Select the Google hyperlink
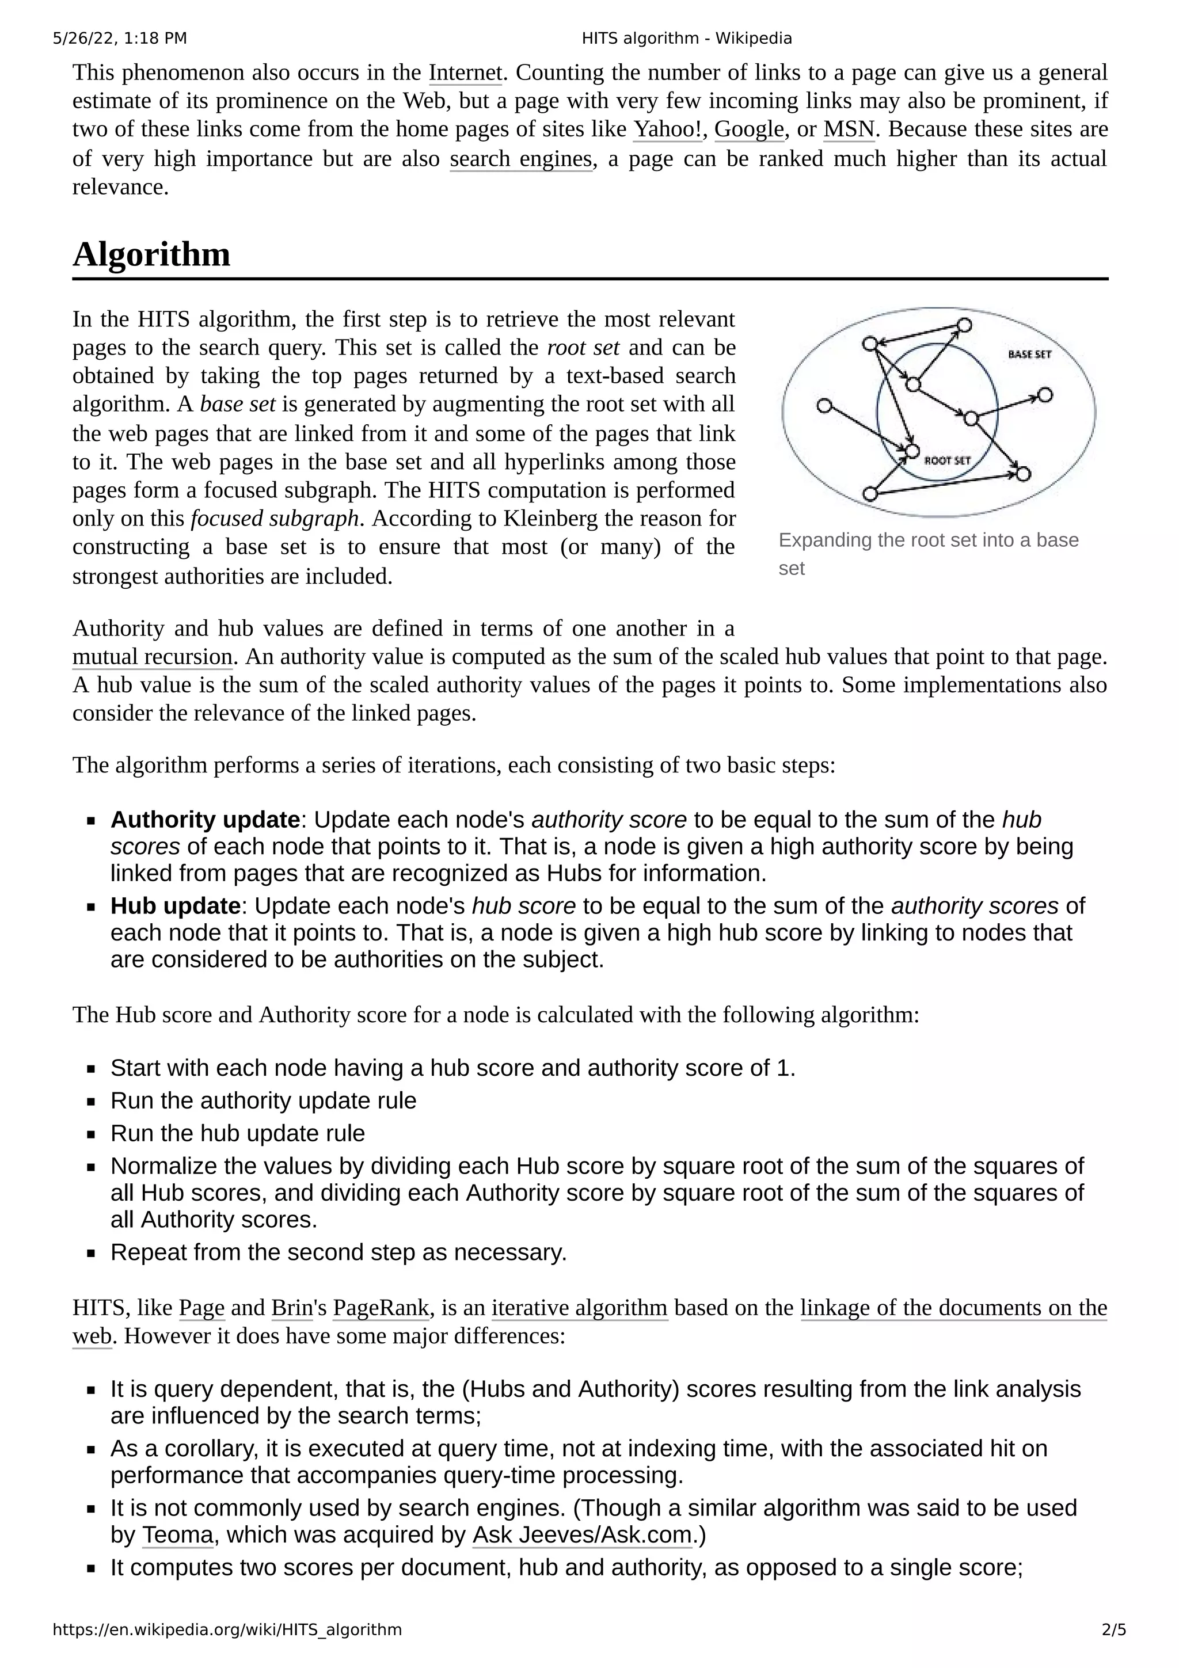click(x=749, y=130)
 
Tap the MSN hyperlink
click(x=849, y=130)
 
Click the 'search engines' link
click(x=521, y=158)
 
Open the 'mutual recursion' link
click(x=152, y=657)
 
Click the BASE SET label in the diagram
click(x=1029, y=355)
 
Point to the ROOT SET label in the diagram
click(x=946, y=460)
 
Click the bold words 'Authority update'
click(x=205, y=820)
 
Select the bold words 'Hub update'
click(x=175, y=906)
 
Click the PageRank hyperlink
click(x=381, y=1308)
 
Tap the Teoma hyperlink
click(x=177, y=1535)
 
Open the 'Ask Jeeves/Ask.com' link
click(x=582, y=1535)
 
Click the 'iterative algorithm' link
click(x=579, y=1308)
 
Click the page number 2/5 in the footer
click(x=1113, y=1629)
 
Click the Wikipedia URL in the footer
click(x=227, y=1629)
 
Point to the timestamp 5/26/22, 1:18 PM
click(x=120, y=39)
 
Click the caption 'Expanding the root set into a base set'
click(x=927, y=554)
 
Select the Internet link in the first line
click(x=465, y=73)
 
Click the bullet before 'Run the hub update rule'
click(x=91, y=1134)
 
